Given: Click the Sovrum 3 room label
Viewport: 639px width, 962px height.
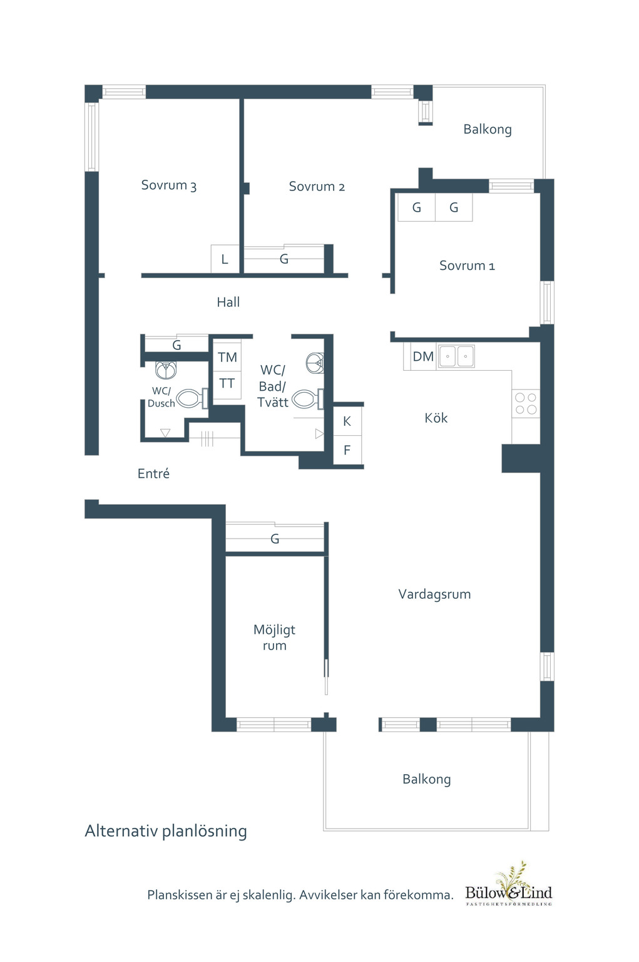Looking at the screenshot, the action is click(x=168, y=185).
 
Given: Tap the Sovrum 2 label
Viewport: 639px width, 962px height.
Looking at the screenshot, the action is click(x=317, y=187).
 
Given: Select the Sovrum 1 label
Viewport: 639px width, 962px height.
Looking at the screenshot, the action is click(x=467, y=266).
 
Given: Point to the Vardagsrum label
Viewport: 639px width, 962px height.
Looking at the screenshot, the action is click(x=434, y=594).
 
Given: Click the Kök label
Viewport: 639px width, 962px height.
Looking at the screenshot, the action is click(x=436, y=418).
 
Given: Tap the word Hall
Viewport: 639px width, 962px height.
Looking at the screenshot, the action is click(x=228, y=303).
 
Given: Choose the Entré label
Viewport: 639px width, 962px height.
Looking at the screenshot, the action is click(x=153, y=473).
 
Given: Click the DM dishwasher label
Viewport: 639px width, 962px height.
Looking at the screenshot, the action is click(x=423, y=356).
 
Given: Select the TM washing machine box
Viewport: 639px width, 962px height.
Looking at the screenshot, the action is click(x=227, y=357).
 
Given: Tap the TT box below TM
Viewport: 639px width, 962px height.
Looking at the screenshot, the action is click(x=227, y=383).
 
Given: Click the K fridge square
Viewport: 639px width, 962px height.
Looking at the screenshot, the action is click(x=347, y=421).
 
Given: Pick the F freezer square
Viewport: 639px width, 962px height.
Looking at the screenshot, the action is click(x=347, y=450).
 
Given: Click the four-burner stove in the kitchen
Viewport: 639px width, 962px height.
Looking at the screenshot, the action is click(x=526, y=404).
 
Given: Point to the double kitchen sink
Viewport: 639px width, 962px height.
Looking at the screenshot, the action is click(x=456, y=356).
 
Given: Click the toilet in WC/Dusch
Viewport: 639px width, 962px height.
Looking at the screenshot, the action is click(x=193, y=398).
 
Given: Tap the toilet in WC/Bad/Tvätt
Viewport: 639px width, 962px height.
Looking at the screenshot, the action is click(x=308, y=400).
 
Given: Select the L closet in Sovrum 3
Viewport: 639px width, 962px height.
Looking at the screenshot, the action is click(x=225, y=259).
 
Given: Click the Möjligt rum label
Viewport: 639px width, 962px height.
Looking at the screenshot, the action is click(x=274, y=638).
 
